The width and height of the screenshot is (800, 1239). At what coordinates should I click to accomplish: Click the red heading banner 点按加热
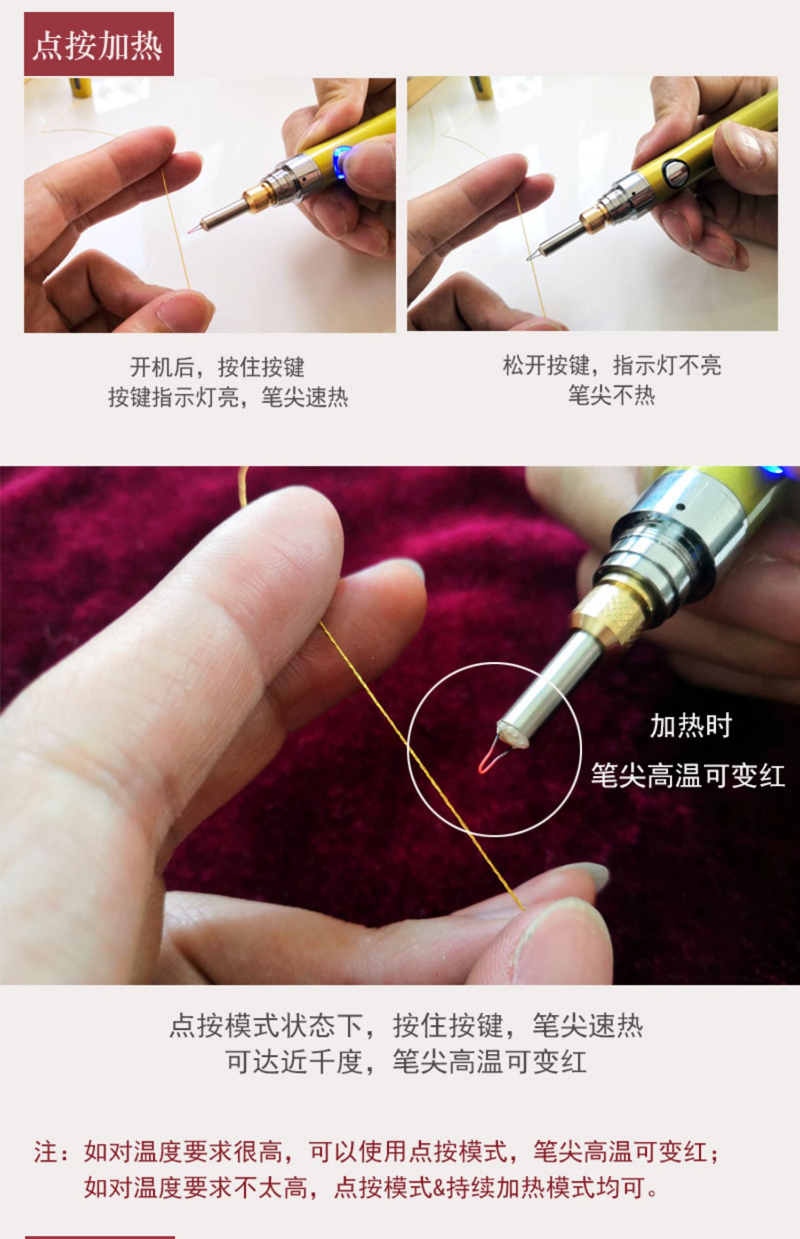[x=99, y=44]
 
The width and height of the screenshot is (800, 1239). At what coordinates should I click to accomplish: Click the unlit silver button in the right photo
[x=676, y=172]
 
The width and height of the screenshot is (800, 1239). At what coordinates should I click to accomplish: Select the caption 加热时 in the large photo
[x=691, y=726]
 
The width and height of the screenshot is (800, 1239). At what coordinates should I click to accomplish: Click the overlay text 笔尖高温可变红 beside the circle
[x=688, y=775]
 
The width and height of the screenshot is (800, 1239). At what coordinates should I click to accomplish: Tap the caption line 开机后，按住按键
[x=217, y=367]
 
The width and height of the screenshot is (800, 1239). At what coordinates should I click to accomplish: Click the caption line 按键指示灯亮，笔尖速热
[x=228, y=397]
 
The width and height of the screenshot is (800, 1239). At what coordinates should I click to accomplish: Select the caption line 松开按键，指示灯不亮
[x=612, y=366]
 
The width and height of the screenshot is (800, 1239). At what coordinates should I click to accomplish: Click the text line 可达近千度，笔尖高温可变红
[x=406, y=1062]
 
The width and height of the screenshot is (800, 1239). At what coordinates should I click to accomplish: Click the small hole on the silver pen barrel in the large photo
[x=680, y=506]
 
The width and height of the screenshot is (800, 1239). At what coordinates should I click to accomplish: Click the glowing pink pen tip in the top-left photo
[x=190, y=231]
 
